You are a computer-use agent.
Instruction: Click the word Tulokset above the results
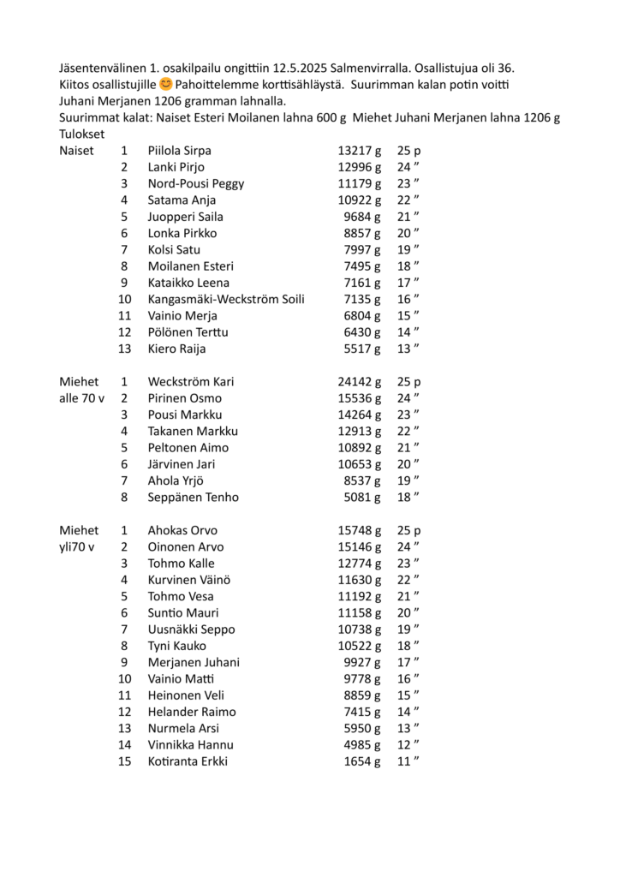(82, 134)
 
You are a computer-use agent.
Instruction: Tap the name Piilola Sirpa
(179, 151)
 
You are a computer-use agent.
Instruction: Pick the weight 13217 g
(359, 151)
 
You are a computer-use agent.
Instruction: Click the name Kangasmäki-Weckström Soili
(226, 300)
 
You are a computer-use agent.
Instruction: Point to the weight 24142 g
(359, 382)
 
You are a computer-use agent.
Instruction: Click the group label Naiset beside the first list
(76, 151)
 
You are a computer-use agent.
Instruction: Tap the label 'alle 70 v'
(81, 398)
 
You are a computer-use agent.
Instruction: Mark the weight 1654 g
(362, 762)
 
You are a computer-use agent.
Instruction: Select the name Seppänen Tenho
(194, 498)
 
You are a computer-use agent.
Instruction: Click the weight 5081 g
(362, 498)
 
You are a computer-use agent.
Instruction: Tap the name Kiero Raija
(176, 349)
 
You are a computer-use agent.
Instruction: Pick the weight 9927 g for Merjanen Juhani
(362, 663)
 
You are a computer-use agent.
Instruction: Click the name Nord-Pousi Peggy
(196, 184)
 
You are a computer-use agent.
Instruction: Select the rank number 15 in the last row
(125, 762)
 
